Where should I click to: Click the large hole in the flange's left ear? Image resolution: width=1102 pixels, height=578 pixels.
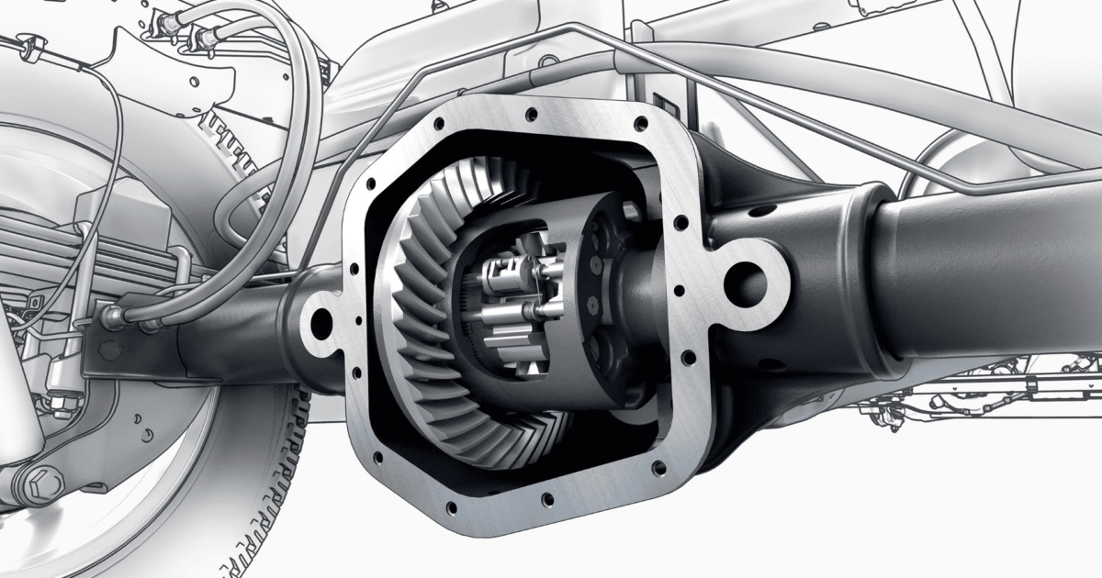(321, 320)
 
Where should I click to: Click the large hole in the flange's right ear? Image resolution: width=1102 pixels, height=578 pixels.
(744, 279)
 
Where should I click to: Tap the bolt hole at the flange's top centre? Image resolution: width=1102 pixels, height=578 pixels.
(532, 115)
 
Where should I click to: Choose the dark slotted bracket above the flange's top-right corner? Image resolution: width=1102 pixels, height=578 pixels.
(661, 106)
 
